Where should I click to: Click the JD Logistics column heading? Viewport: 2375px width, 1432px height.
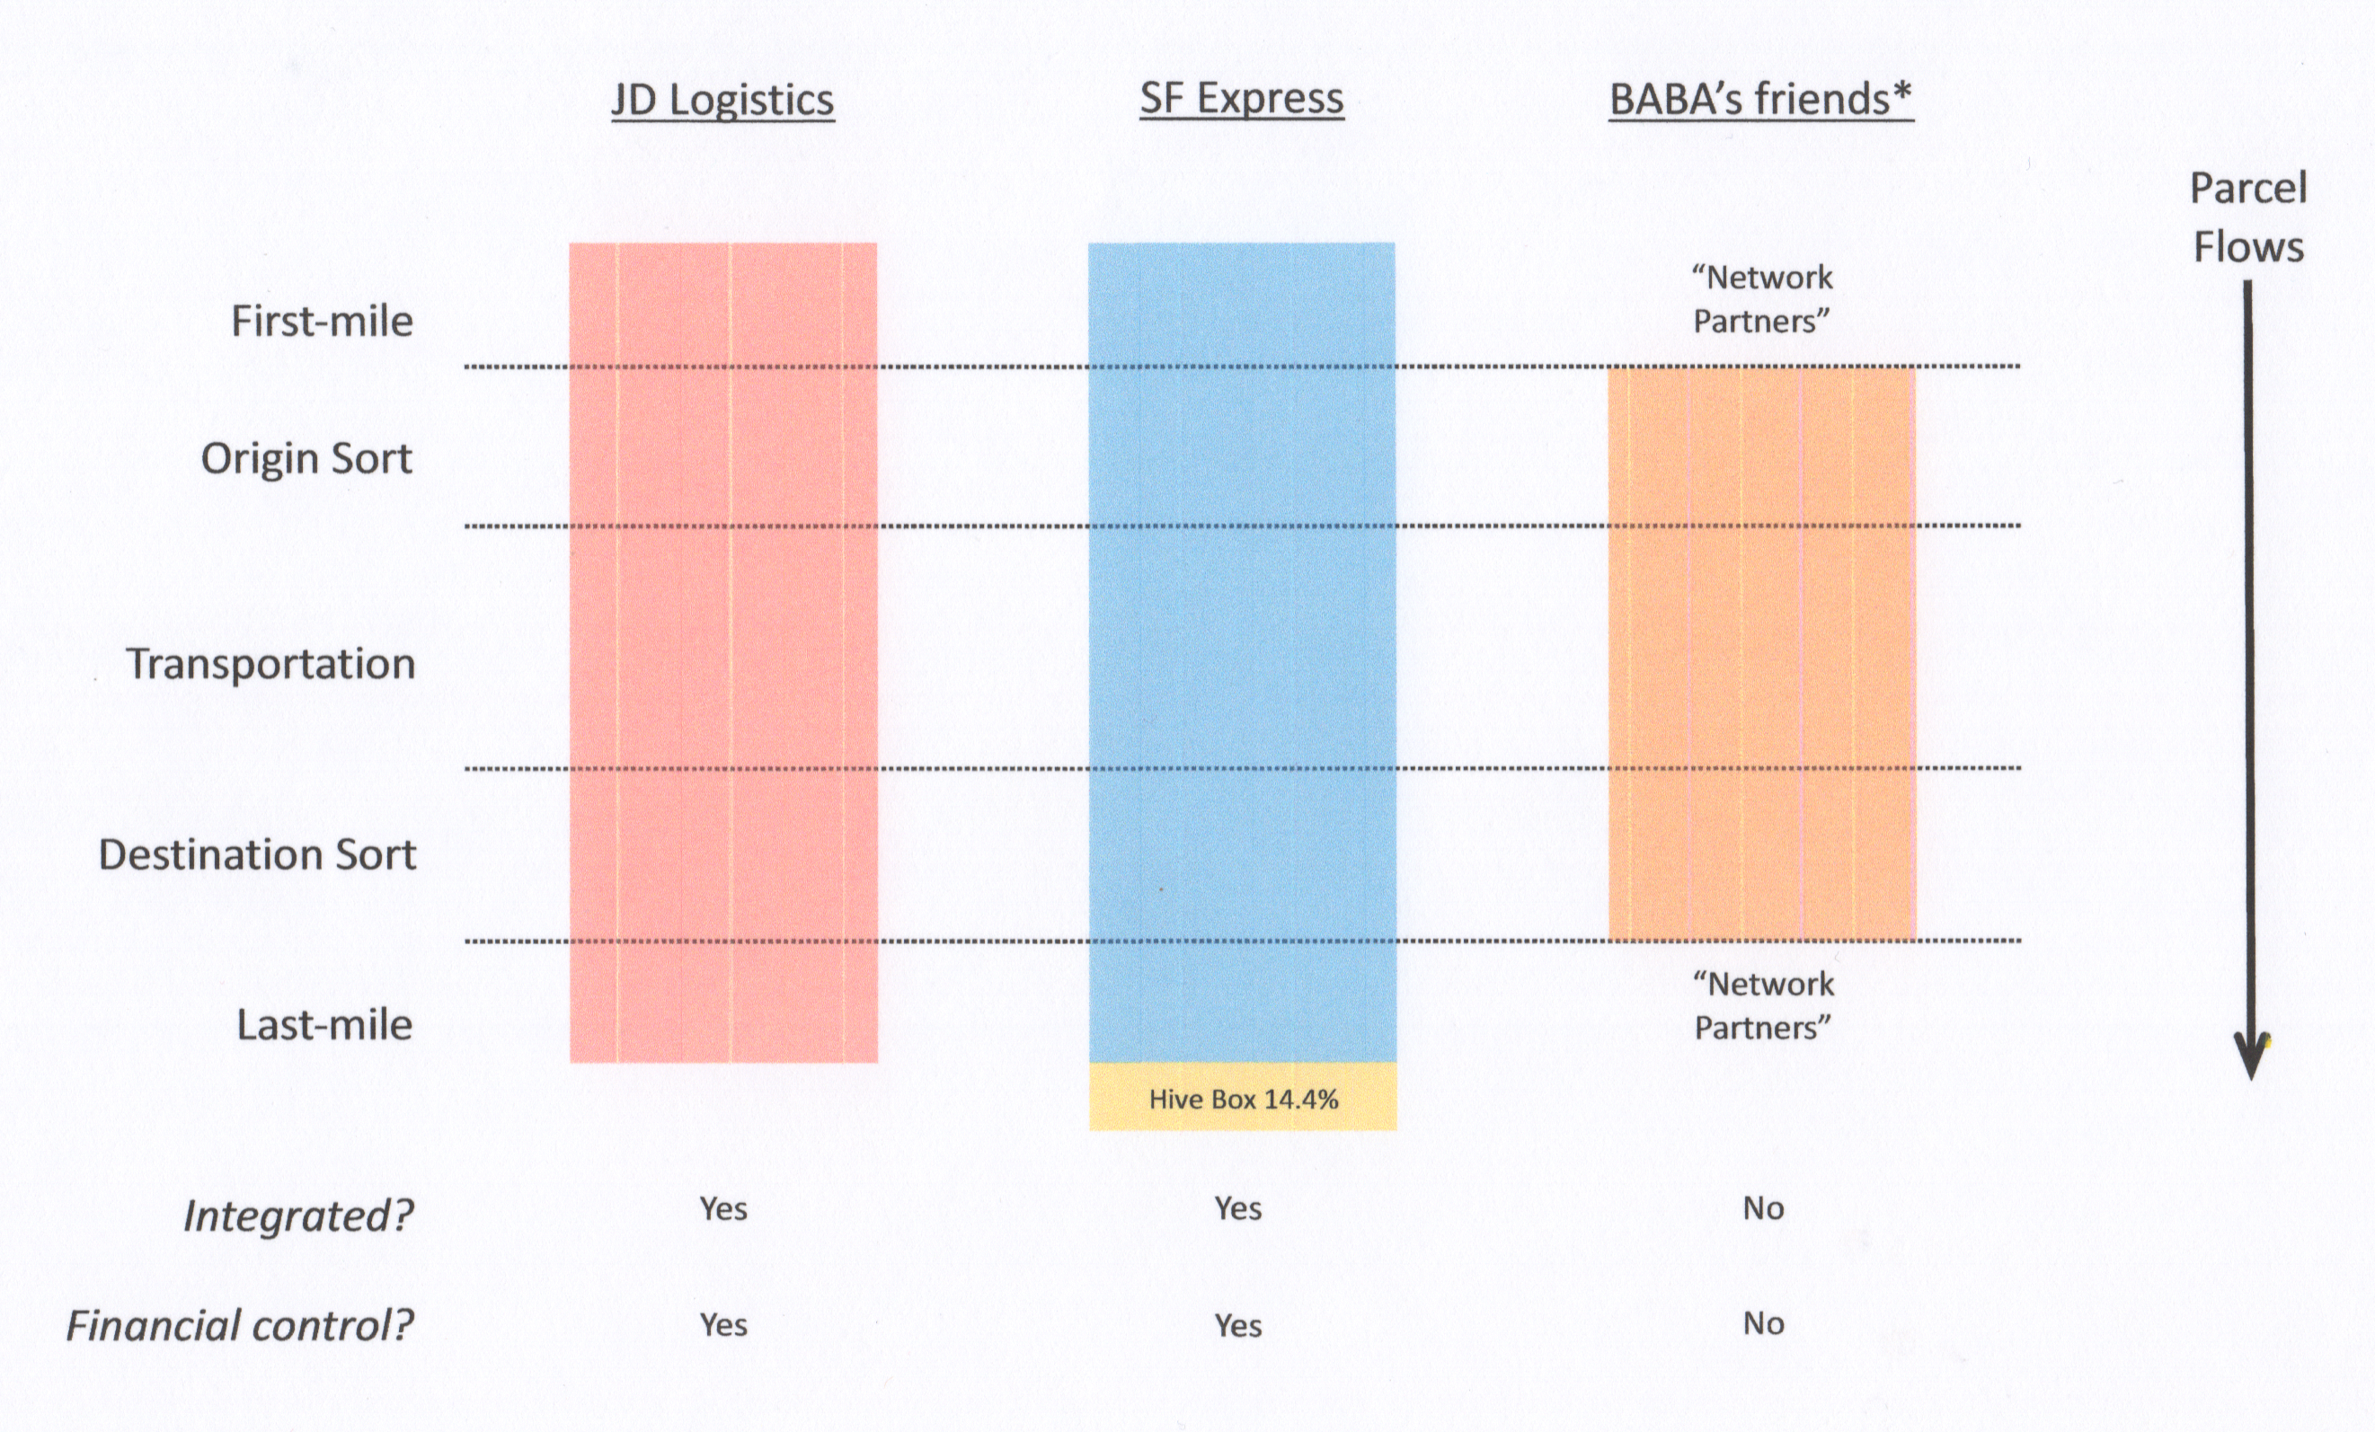722,101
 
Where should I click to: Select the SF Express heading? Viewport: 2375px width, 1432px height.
1242,98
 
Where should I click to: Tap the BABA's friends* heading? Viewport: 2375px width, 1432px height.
1761,99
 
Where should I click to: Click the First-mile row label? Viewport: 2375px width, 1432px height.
322,321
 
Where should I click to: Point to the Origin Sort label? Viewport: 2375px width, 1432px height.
306,459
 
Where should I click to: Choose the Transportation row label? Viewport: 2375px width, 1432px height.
270,664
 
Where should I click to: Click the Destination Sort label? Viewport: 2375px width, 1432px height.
257,854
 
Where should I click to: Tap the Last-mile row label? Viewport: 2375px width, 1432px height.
324,1024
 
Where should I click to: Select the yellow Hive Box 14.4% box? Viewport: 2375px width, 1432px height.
1243,1099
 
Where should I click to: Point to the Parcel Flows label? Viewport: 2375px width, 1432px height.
2247,217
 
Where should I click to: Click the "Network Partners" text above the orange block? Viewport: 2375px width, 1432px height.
1762,299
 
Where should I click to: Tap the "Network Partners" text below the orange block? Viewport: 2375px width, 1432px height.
1763,1005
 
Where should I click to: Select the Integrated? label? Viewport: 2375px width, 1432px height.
299,1216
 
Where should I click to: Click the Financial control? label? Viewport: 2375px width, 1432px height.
240,1326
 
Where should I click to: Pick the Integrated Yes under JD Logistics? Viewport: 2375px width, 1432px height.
722,1208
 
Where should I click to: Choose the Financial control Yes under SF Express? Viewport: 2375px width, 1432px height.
1237,1326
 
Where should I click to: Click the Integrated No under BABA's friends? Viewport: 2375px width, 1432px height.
1763,1208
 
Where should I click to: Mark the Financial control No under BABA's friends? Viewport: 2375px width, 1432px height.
1763,1324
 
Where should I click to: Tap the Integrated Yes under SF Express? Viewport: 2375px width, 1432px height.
1237,1208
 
